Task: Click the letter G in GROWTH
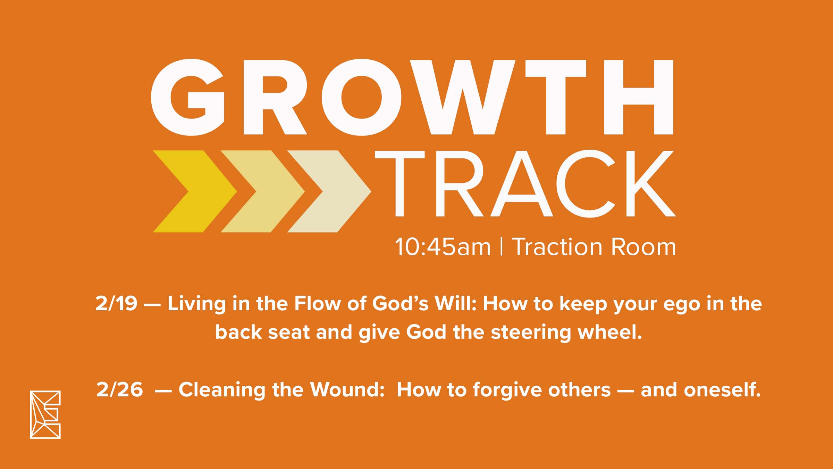[188, 97]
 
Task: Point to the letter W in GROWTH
[463, 97]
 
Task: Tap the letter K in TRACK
[650, 183]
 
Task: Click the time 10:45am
[443, 247]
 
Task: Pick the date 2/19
[117, 303]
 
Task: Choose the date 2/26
[119, 389]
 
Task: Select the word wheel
[610, 332]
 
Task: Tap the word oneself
[722, 389]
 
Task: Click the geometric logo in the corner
[45, 414]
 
